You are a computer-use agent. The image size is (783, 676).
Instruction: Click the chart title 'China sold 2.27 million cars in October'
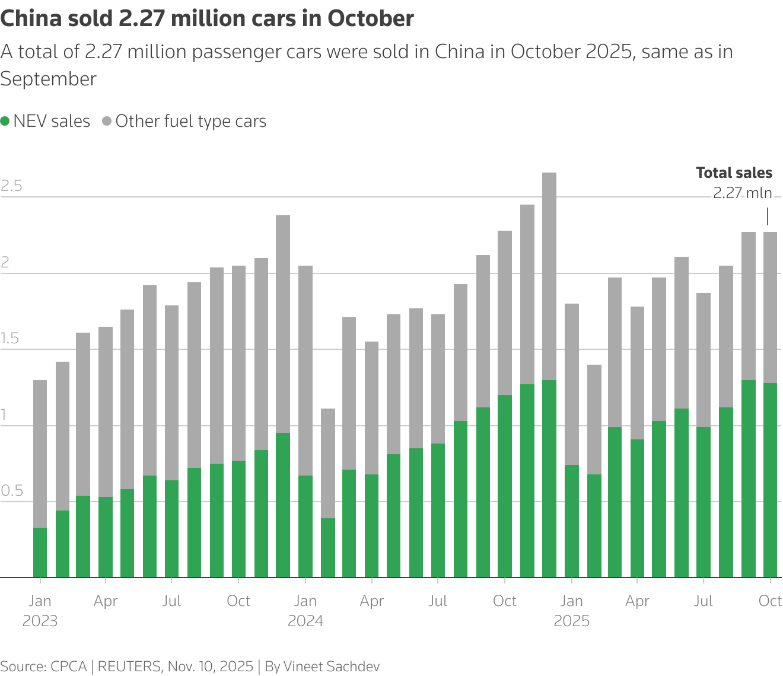coord(207,19)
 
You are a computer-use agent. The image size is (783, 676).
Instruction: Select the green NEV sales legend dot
coord(5,122)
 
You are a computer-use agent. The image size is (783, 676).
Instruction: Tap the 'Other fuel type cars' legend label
coord(190,122)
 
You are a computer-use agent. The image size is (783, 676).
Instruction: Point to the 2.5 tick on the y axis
coord(11,186)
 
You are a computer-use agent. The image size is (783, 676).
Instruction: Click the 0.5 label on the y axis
coord(11,491)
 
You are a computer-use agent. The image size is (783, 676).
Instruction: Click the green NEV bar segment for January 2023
coord(40,552)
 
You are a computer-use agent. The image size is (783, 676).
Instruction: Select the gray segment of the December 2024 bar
coord(549,276)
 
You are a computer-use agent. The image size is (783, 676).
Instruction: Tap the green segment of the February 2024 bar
coord(328,547)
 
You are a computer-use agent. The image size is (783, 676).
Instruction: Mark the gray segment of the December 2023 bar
coord(284,324)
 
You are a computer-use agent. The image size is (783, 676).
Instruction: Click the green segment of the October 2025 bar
coord(770,480)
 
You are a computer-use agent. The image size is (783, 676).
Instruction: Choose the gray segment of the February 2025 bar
coord(594,419)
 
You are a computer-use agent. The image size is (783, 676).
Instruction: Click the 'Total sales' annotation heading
coord(734,173)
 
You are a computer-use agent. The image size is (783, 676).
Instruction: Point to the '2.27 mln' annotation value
coord(742,193)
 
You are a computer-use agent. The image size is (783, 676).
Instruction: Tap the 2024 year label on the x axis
coord(305,621)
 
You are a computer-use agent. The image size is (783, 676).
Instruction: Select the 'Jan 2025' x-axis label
coord(571,611)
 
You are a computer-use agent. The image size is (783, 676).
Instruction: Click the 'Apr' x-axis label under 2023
coord(106,601)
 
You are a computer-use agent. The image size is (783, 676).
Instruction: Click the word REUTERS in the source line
coord(129,666)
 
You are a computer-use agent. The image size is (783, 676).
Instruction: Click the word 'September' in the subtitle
coord(49,79)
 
